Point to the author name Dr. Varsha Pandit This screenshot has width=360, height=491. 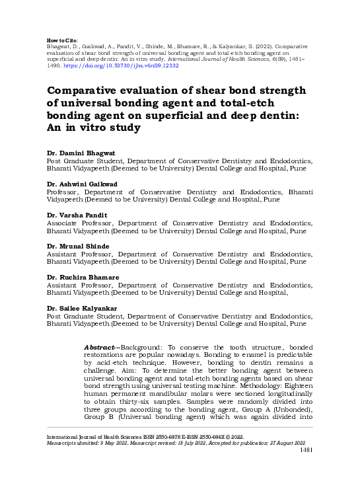click(77, 215)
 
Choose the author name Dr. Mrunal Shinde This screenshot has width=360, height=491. click(78, 246)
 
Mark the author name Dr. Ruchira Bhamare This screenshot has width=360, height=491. click(82, 278)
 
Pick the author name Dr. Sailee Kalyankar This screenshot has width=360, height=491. click(82, 309)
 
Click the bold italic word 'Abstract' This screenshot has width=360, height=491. click(100, 347)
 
